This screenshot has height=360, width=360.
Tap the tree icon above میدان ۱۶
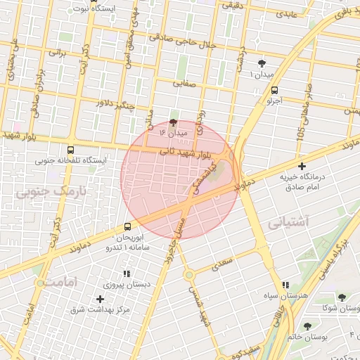[174, 122]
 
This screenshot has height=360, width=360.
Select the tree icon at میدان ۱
[262, 63]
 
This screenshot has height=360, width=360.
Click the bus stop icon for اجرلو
[274, 90]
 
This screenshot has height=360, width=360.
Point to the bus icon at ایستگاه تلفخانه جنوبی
[70, 150]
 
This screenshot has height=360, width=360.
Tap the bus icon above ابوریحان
[127, 226]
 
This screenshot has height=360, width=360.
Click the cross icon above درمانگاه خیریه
[302, 167]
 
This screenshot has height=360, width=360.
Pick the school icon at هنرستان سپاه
[285, 285]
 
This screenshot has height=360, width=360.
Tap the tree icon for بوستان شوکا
[341, 298]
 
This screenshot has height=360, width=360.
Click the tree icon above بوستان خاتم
[307, 326]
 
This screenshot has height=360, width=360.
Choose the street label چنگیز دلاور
[124, 103]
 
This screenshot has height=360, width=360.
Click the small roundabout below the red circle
[189, 274]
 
